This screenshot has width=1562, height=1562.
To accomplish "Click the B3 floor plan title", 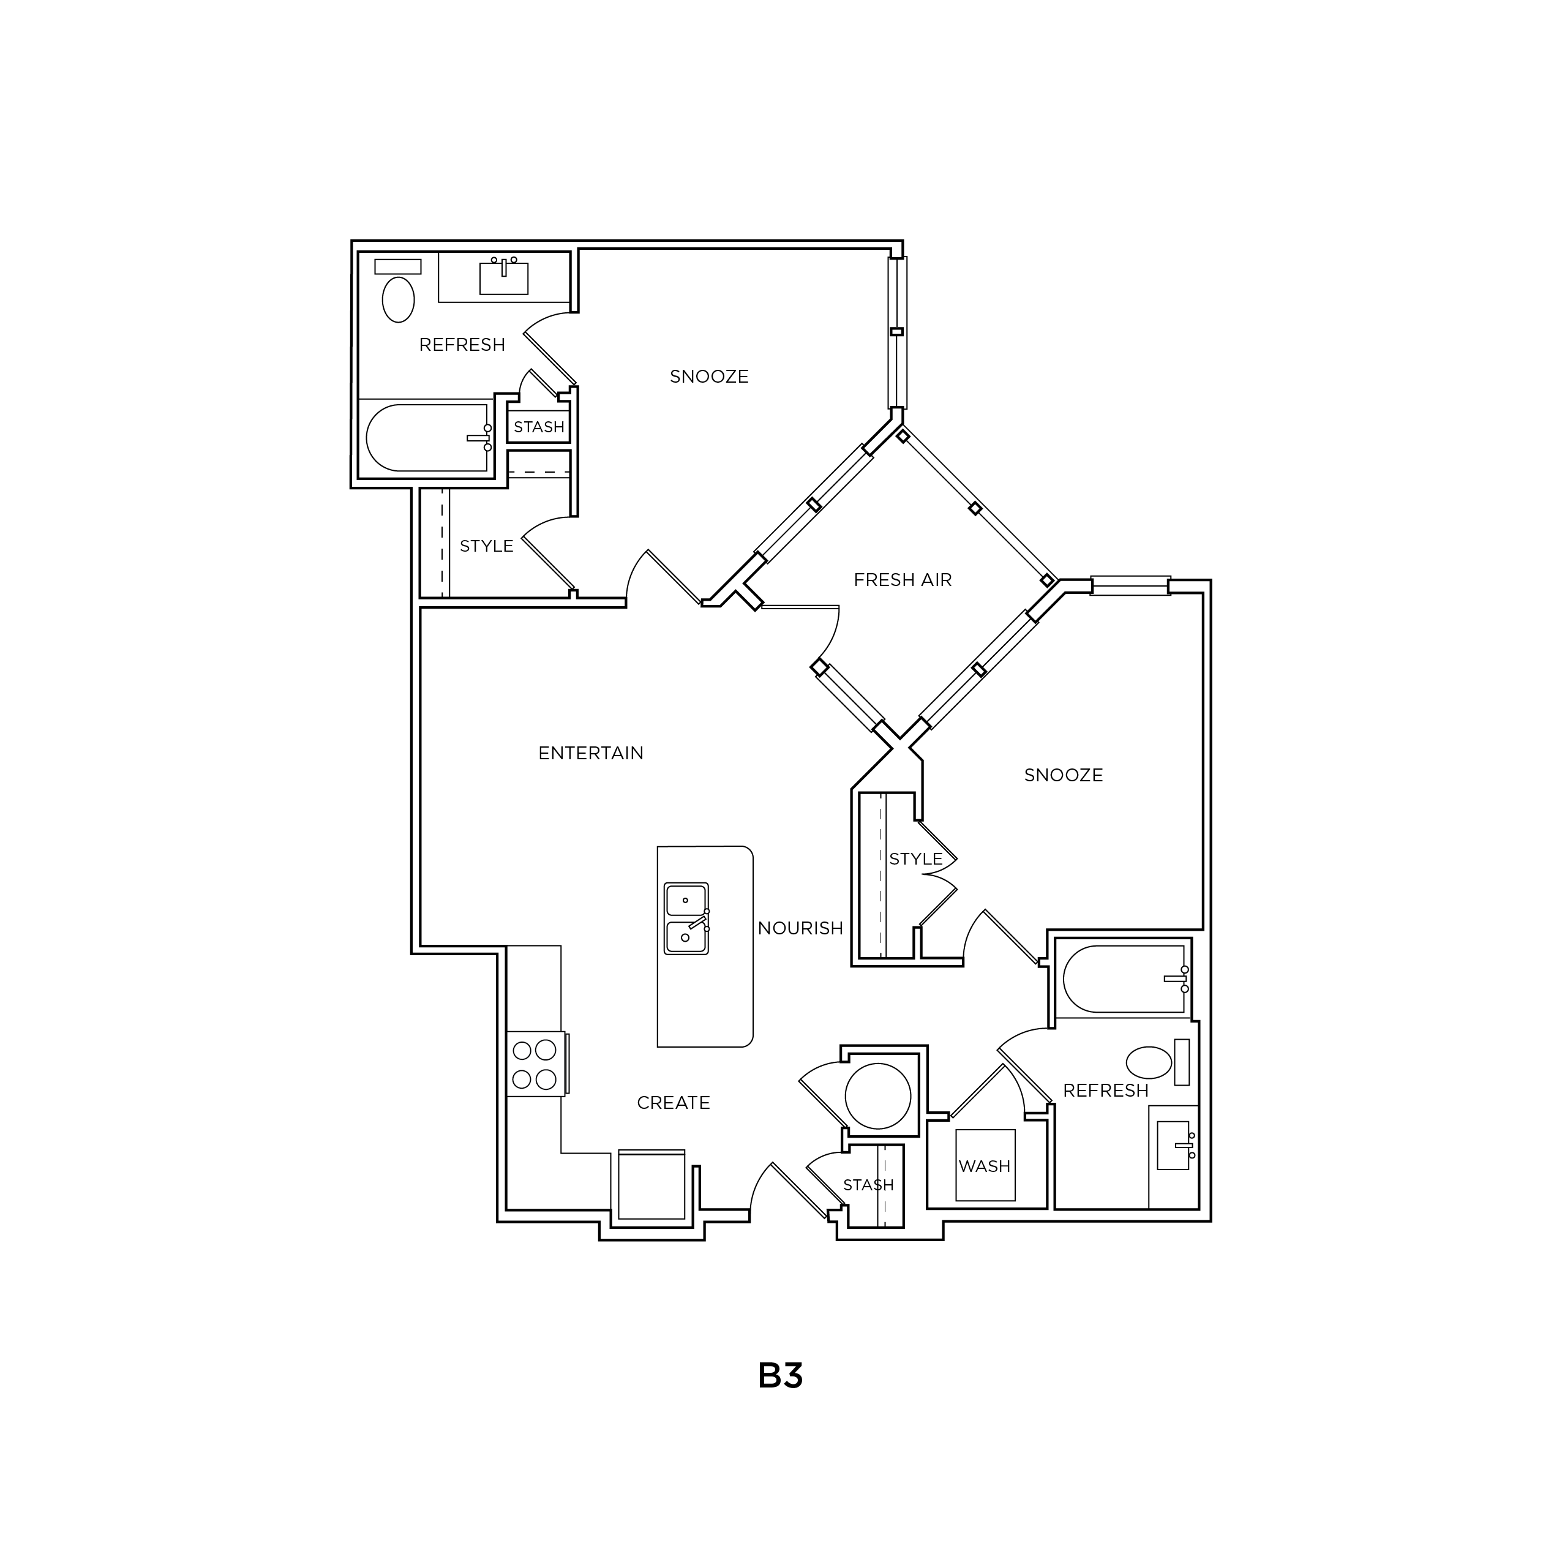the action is [780, 1375].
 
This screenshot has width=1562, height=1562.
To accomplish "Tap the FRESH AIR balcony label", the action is [903, 580].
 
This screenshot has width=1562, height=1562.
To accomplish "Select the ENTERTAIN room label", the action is [591, 753].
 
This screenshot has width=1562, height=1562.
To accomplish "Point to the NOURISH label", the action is [800, 928].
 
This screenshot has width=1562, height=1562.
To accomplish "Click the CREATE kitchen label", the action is [674, 1103].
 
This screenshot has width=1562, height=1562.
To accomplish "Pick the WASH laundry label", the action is [985, 1166].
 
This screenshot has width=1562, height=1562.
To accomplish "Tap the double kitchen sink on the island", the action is [686, 918].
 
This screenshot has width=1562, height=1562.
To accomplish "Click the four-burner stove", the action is [535, 1064].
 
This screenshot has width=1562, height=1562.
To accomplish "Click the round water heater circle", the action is [878, 1096].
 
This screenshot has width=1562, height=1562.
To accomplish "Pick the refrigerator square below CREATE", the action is [651, 1185].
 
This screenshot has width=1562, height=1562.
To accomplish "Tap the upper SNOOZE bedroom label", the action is [709, 376].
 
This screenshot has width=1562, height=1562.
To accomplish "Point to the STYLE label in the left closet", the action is [487, 546].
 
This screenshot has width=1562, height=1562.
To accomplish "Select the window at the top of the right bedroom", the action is [1130, 585].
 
